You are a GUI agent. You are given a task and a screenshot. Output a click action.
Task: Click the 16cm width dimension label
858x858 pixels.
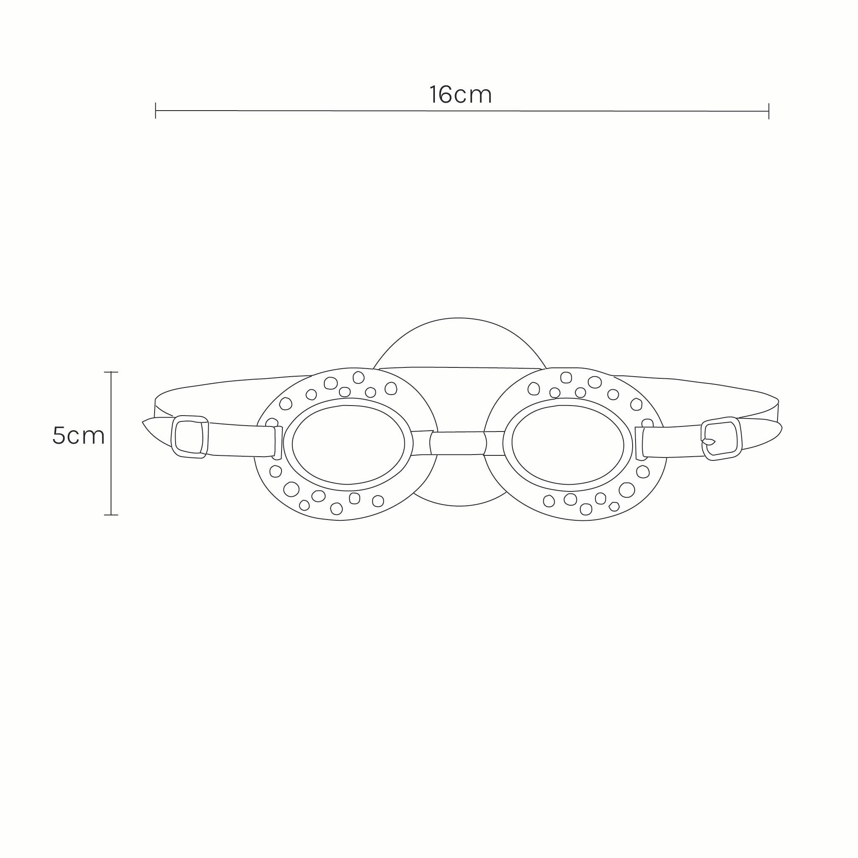(460, 95)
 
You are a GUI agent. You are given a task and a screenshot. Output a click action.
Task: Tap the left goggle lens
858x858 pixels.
(348, 445)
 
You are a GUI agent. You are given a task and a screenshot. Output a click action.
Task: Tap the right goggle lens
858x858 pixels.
(568, 445)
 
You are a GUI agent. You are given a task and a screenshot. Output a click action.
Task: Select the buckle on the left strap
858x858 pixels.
(190, 436)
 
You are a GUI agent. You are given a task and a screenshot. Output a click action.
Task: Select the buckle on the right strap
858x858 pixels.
(721, 438)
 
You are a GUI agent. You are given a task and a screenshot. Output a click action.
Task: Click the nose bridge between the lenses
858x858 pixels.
(459, 443)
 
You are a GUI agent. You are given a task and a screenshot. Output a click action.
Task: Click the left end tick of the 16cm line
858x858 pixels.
(155, 111)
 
